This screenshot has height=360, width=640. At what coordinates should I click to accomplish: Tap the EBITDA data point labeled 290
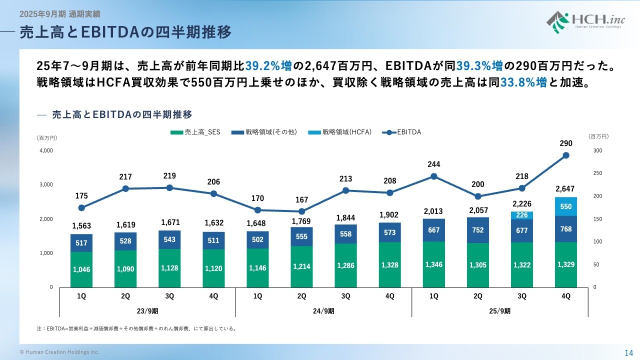[566, 155]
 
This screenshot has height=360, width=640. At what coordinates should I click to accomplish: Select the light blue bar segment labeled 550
[566, 206]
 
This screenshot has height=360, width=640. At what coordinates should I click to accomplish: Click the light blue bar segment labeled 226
[522, 215]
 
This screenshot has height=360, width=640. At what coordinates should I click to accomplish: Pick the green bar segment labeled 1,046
[81, 269]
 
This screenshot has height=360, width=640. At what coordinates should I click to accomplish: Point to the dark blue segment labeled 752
[478, 230]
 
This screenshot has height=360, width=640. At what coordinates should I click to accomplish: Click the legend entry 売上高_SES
[195, 132]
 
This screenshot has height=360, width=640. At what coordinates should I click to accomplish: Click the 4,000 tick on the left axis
[46, 150]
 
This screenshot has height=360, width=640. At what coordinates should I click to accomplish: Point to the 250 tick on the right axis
[598, 173]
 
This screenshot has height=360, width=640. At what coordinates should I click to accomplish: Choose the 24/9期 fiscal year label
[323, 310]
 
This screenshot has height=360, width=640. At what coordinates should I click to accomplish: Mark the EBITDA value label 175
[81, 196]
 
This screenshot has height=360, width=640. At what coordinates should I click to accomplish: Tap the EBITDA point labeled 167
[301, 211]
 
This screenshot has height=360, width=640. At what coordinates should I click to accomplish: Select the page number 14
[628, 352]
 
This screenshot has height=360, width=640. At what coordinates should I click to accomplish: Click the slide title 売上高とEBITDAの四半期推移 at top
[125, 32]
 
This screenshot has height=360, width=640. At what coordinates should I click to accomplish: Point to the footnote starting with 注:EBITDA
[136, 328]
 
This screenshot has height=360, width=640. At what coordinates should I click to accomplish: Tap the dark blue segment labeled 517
[81, 243]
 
